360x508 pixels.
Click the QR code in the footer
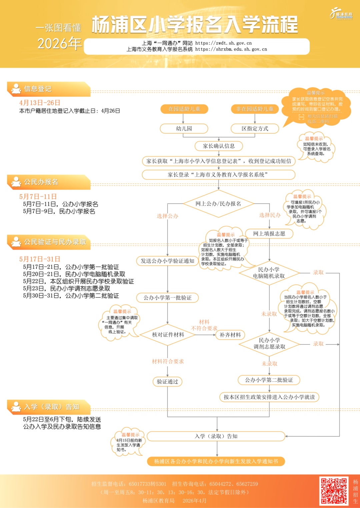[x=334, y=491]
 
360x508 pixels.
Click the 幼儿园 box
[x=184, y=129]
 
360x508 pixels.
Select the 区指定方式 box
[x=255, y=129]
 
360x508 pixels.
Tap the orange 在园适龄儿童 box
[x=184, y=109]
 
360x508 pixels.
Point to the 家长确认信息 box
[x=219, y=146]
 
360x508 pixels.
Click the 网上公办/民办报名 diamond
[x=218, y=204]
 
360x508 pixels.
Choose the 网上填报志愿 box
[x=269, y=234]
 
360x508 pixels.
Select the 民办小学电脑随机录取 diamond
[x=269, y=273]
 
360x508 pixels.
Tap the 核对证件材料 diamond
[x=168, y=335]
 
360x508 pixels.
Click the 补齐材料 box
[x=230, y=335]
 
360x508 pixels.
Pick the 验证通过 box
[x=167, y=382]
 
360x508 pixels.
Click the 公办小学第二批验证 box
[x=269, y=380]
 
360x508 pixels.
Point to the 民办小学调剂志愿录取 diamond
[x=269, y=343]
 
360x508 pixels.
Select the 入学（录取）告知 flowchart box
[x=216, y=436]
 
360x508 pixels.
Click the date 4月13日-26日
[x=40, y=103]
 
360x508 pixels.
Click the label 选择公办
[x=167, y=216]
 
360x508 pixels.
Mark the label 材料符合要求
[x=168, y=361]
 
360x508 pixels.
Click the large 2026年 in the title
[x=59, y=44]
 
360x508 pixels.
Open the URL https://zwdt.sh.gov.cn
[x=223, y=43]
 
